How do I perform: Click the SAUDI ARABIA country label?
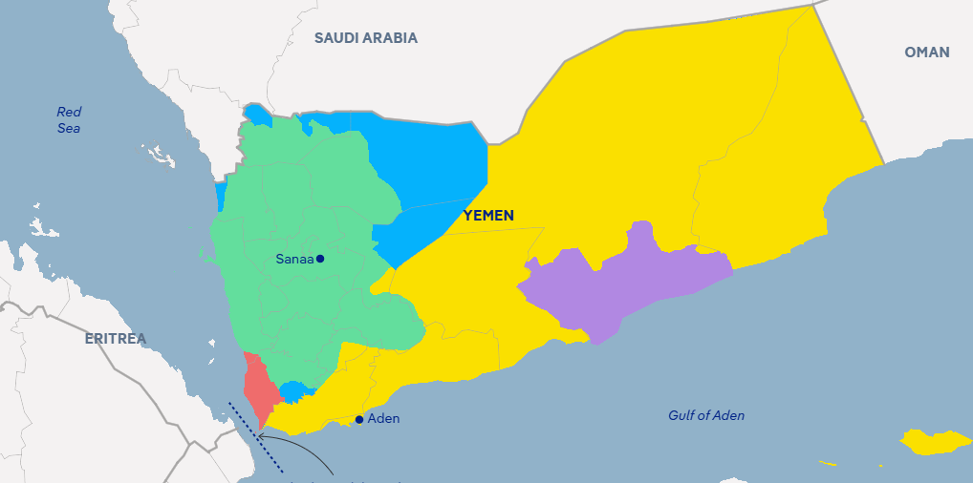(x=366, y=38)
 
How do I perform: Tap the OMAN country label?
(x=926, y=52)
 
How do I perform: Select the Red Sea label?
(x=69, y=119)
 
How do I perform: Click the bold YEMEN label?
(x=488, y=216)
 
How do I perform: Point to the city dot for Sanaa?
(x=320, y=259)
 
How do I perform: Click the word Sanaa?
(x=293, y=259)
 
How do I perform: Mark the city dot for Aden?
(x=359, y=419)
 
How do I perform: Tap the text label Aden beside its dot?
(x=383, y=419)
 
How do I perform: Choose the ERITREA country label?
(x=115, y=339)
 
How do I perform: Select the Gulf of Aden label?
(x=705, y=415)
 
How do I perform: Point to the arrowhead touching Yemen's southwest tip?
(x=261, y=436)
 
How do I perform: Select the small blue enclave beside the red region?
(x=293, y=391)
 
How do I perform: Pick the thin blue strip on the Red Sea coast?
(x=221, y=197)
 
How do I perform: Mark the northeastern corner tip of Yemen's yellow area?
(x=813, y=6)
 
